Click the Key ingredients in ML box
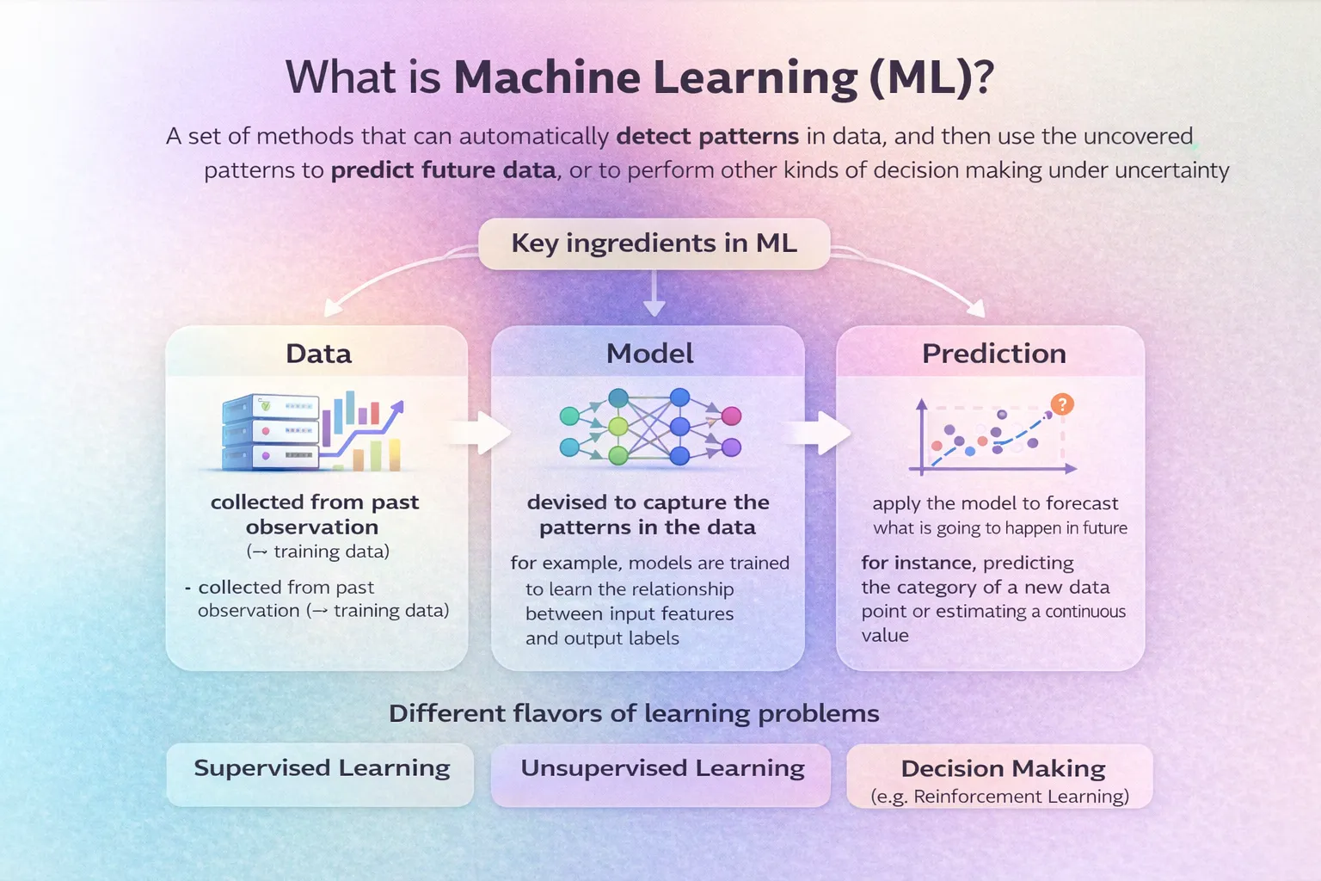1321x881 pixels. (x=654, y=243)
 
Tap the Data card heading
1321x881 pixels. (x=318, y=354)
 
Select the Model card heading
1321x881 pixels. (x=649, y=354)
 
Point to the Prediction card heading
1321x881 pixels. (x=993, y=354)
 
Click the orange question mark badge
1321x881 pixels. (x=1062, y=404)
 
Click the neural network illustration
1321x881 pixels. (x=649, y=427)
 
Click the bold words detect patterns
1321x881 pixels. (x=708, y=137)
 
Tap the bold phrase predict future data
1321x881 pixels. (x=443, y=170)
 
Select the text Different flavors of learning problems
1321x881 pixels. (x=634, y=713)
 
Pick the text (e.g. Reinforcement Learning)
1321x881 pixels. (x=999, y=797)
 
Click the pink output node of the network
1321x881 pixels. (x=731, y=416)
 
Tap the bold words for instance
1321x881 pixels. (x=917, y=564)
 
